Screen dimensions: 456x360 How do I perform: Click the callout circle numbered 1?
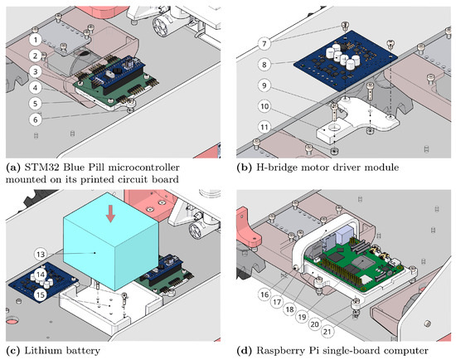tap(36, 39)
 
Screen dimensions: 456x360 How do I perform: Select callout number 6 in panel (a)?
tap(36, 119)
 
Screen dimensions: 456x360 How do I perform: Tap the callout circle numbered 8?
tap(264, 65)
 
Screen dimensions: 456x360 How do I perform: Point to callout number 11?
tap(264, 127)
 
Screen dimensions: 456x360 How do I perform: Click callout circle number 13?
tap(41, 254)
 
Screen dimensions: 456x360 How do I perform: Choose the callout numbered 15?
tap(41, 294)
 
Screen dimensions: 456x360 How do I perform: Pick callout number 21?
tap(327, 332)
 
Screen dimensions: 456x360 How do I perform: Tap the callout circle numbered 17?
tap(277, 302)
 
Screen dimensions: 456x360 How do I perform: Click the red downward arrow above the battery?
tap(110, 214)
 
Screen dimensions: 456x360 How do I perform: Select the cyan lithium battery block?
tap(111, 241)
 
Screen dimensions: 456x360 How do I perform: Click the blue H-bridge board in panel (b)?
tap(345, 61)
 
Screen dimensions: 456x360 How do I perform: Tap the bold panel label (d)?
tap(244, 351)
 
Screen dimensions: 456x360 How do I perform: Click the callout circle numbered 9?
tap(264, 85)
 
